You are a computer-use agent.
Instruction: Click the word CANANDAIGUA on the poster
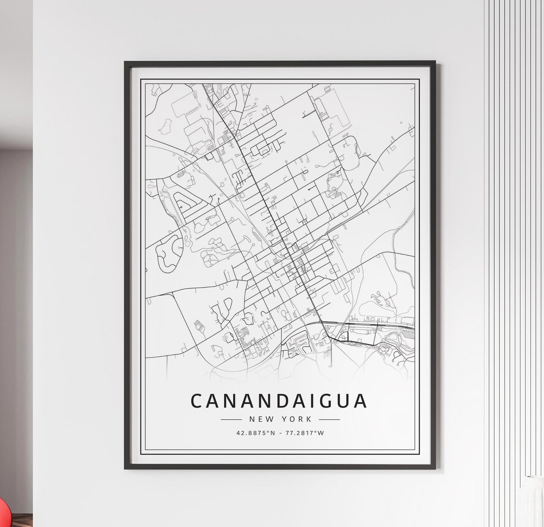(279, 401)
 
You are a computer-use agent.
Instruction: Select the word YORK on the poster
(298, 419)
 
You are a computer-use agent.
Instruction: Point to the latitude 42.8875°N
(255, 433)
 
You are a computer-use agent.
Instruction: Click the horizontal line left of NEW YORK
(231, 419)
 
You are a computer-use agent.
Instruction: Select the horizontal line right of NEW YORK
(329, 419)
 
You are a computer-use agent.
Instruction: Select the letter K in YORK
(309, 419)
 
